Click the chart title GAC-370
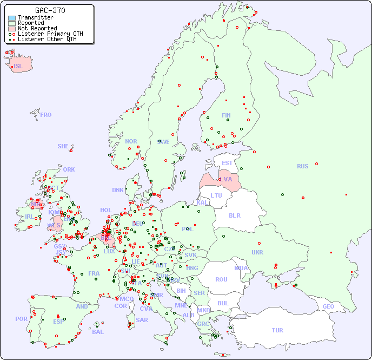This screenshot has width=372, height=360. click(50, 10)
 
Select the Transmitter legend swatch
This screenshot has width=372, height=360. click(12, 18)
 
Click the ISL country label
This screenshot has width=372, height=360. click(18, 67)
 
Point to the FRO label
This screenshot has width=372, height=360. click(46, 115)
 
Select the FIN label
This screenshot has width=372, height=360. click(226, 115)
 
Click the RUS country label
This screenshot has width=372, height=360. click(302, 166)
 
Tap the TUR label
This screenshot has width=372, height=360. click(277, 330)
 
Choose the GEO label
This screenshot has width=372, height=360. click(328, 306)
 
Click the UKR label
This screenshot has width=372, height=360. click(257, 252)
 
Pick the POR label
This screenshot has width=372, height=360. click(21, 319)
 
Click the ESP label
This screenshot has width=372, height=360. click(58, 322)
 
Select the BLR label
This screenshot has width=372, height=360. click(235, 215)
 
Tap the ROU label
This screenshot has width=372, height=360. click(221, 279)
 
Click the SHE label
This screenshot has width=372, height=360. click(63, 146)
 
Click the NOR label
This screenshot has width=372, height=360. click(131, 141)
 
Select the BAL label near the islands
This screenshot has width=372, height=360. click(97, 332)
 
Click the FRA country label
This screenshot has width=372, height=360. click(94, 273)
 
